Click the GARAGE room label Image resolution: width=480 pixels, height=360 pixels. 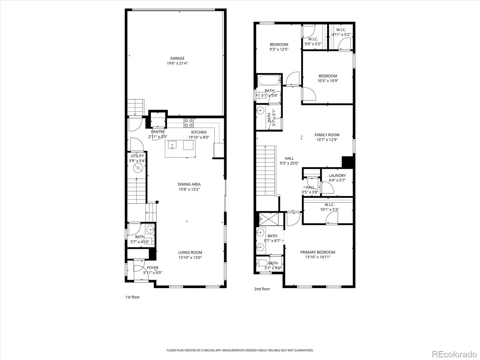(177, 58)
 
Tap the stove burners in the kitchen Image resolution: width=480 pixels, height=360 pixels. (188, 123)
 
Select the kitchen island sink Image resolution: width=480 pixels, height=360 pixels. (172, 145)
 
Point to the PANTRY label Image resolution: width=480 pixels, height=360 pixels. (158, 132)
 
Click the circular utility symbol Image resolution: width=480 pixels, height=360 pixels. (138, 168)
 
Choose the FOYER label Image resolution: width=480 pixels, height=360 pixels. (153, 268)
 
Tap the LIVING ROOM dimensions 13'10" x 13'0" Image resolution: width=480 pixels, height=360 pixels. (190, 257)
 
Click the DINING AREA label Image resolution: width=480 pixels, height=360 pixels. (189, 184)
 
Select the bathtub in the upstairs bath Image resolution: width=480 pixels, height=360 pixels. (269, 80)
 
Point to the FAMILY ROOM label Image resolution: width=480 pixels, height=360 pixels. (327, 135)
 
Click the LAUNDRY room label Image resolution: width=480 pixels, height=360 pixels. (337, 175)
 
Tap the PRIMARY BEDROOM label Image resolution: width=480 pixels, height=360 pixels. (317, 252)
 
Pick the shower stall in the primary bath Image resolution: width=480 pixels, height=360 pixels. (269, 219)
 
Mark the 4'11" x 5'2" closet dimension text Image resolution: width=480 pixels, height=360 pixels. (341, 34)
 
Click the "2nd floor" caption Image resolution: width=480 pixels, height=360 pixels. (262, 289)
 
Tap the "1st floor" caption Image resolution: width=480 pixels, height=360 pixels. (133, 297)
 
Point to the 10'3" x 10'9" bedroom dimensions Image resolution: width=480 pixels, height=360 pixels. (328, 81)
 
